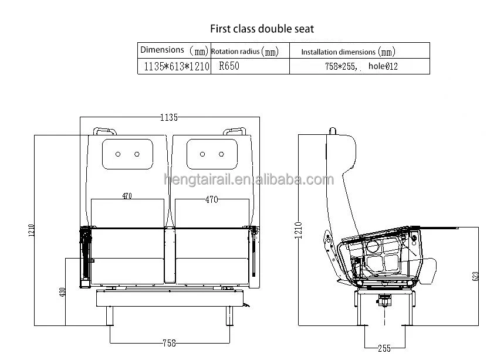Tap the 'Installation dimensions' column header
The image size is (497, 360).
(x=349, y=52)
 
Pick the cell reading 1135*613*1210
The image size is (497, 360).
(x=174, y=67)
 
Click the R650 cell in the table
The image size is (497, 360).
(x=229, y=67)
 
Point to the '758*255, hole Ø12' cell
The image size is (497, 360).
(x=360, y=67)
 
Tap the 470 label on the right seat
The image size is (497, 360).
(x=212, y=199)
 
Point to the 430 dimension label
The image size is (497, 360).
(x=63, y=291)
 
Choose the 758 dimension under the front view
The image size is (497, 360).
(x=168, y=343)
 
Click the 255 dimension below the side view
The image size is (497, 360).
(x=384, y=348)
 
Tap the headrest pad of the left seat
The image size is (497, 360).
(x=127, y=153)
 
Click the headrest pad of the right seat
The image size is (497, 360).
(x=212, y=153)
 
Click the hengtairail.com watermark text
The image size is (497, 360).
(x=248, y=180)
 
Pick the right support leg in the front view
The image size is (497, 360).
(x=226, y=317)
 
